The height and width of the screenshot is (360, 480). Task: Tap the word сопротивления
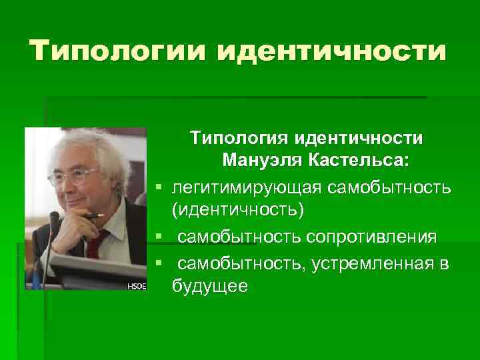(x=373, y=237)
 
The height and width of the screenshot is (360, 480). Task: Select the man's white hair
(x=73, y=143)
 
